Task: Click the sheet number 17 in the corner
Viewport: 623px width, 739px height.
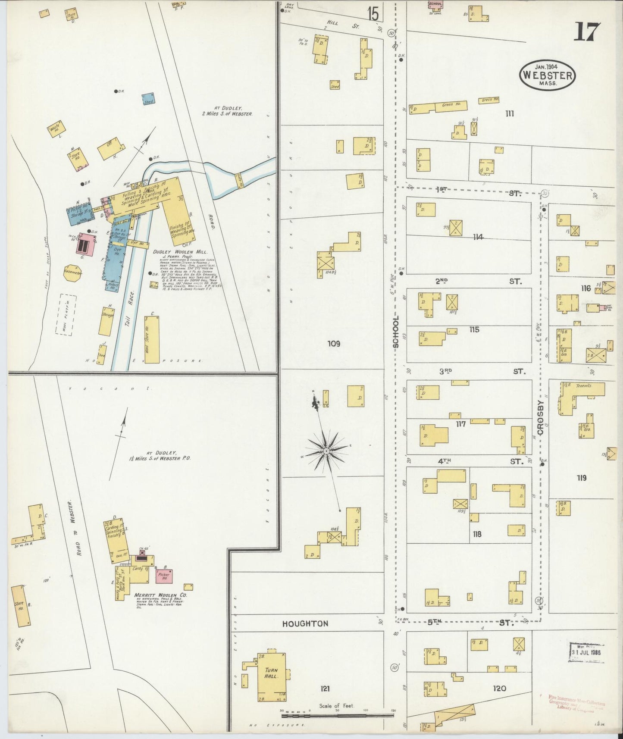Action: tap(587, 31)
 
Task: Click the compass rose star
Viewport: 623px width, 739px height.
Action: tap(327, 451)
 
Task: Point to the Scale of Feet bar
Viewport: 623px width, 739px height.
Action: tap(337, 715)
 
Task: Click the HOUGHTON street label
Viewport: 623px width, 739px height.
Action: tap(305, 623)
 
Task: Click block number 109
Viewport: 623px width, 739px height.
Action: tap(334, 344)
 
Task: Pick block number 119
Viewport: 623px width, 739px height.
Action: tap(581, 478)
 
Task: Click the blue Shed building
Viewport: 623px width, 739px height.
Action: tap(149, 99)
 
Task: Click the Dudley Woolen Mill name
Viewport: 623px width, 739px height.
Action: tap(181, 251)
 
